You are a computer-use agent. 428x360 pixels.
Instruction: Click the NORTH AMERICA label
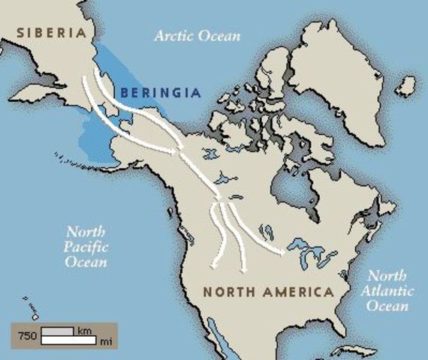(x=268, y=291)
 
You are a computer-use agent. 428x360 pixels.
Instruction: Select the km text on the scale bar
(x=84, y=330)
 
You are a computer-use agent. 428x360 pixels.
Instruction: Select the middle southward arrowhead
(x=243, y=270)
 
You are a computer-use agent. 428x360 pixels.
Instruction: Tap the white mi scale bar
(x=68, y=340)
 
